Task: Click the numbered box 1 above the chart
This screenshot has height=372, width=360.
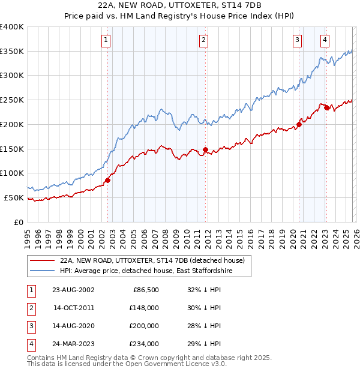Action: (x=106, y=40)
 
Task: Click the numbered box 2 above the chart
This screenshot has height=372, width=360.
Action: (x=203, y=40)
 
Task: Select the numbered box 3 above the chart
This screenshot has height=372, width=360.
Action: (x=297, y=40)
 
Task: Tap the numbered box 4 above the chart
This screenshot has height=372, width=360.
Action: (x=324, y=40)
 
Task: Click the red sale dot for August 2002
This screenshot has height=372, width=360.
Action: (x=108, y=180)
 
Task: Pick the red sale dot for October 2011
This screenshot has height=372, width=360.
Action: (x=205, y=149)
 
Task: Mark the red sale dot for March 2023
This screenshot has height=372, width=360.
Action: (x=326, y=107)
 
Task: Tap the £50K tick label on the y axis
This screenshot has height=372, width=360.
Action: (x=14, y=197)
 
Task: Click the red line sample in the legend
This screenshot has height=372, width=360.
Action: (x=42, y=261)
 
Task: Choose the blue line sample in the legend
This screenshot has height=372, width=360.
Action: (x=42, y=271)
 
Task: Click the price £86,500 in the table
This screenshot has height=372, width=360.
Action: (x=144, y=290)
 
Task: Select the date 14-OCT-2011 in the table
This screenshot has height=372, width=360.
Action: (x=74, y=308)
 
